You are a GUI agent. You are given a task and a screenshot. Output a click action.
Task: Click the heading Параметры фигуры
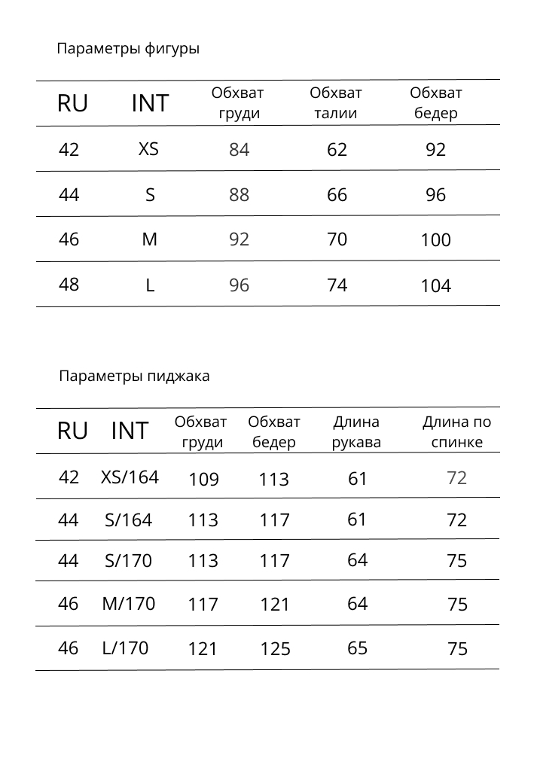[128, 50]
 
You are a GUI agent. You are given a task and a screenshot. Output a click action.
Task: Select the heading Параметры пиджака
[134, 376]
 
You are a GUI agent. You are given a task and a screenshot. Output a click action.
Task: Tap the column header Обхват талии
[336, 103]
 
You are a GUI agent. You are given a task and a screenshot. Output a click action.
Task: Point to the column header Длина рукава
[356, 432]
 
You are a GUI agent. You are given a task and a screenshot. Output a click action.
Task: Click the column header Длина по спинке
[456, 432]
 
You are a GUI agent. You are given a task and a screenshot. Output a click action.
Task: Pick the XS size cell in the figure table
[148, 149]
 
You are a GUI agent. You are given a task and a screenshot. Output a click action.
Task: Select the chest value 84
[239, 150]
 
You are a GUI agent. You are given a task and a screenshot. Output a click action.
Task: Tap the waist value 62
[337, 150]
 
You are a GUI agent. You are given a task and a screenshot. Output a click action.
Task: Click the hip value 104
[435, 286]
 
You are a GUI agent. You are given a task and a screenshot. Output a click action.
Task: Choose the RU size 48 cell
[69, 285]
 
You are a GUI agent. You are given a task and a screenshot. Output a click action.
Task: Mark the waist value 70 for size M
[337, 239]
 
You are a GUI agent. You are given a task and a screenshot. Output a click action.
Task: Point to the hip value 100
[435, 241]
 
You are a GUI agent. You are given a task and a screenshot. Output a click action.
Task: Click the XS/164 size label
[130, 477]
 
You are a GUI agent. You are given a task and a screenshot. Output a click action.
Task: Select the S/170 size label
[128, 561]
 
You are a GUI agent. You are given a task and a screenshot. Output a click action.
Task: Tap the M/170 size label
[128, 604]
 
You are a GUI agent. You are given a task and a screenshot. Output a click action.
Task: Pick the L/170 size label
[125, 648]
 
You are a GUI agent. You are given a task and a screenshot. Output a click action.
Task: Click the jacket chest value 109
[203, 480]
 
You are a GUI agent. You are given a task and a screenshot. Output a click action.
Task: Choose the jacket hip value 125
[275, 649]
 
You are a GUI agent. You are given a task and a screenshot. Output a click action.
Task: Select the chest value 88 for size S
[239, 195]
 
